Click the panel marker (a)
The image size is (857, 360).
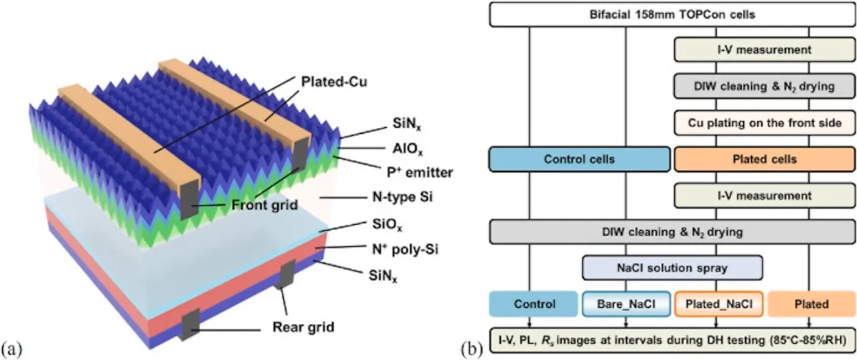[15, 348]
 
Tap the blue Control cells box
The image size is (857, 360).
[579, 160]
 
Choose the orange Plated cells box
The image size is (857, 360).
[765, 160]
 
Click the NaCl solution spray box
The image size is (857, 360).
[673, 268]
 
